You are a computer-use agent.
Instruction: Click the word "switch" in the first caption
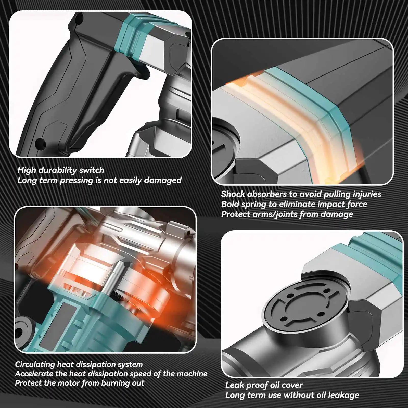pyautogui.click(x=92, y=170)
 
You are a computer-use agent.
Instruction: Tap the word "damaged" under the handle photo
pyautogui.click(x=163, y=180)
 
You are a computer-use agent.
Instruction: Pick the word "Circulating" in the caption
pyautogui.click(x=35, y=365)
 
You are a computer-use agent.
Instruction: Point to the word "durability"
pyautogui.click(x=58, y=170)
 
